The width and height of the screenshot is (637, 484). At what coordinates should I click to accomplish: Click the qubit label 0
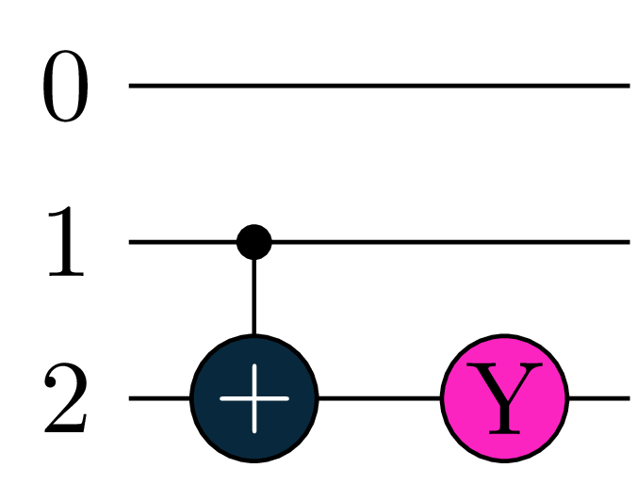point(65,86)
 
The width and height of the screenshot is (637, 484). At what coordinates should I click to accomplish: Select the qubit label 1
point(66,241)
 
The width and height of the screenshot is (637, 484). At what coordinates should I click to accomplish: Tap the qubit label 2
point(65,397)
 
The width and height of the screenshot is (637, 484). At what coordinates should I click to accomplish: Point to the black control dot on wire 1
point(253,242)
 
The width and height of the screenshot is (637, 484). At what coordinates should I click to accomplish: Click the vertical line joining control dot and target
point(253,297)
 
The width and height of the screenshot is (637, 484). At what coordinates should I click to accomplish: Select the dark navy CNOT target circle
point(253,398)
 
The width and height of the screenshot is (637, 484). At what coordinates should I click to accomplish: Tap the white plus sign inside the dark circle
point(254,398)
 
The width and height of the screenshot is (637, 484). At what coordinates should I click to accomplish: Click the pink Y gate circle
point(504,398)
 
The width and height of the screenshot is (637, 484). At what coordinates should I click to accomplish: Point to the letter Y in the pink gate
point(504,398)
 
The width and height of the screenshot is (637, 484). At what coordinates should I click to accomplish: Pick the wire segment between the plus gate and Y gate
point(380,398)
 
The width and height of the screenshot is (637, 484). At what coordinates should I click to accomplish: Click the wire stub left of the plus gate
point(159,398)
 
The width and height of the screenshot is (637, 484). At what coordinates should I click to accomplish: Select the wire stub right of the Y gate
point(599,398)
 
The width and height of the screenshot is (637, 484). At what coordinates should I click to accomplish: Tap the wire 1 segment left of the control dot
point(183,242)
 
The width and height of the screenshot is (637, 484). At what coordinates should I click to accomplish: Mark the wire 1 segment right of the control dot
point(451,242)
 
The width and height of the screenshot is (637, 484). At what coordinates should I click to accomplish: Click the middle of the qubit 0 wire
point(380,86)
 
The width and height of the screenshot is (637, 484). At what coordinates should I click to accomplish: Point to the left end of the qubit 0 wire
point(129,86)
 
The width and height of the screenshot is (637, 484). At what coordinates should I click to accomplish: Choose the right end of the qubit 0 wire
point(629,86)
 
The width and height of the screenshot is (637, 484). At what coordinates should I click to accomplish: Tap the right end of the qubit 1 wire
point(629,242)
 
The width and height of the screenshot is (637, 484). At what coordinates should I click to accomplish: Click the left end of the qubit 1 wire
point(129,242)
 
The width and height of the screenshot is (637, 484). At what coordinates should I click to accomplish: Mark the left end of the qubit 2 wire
point(129,398)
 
